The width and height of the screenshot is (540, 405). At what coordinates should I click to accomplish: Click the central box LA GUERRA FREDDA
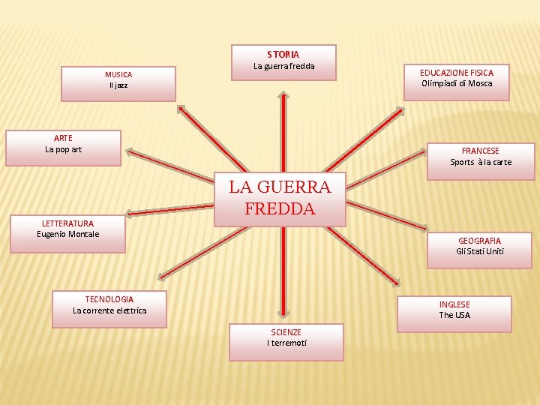[x=280, y=197]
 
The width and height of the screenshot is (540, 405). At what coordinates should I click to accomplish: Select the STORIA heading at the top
[x=283, y=55]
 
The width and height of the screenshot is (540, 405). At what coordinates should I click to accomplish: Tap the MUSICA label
[x=118, y=75]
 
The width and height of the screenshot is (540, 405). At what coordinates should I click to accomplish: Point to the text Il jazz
[x=118, y=85]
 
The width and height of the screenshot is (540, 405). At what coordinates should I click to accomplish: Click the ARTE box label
[x=64, y=138]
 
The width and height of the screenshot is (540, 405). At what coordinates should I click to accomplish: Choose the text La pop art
[x=64, y=149]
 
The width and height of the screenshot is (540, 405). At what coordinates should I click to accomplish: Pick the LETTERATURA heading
[x=68, y=223]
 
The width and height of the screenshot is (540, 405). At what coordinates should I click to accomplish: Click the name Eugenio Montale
[x=68, y=234]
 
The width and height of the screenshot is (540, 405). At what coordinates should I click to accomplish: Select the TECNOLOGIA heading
[x=109, y=299]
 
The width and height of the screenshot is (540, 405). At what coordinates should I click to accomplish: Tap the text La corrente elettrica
[x=109, y=310]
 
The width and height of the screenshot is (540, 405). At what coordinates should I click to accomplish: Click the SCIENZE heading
[x=286, y=332]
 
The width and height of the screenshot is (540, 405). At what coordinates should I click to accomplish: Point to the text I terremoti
[x=286, y=343]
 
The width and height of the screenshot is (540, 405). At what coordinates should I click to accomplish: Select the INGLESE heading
[x=454, y=304]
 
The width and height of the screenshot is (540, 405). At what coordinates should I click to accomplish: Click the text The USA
[x=454, y=315]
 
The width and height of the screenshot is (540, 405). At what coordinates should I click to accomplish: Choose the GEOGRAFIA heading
[x=480, y=241]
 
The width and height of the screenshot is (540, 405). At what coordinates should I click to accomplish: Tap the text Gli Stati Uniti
[x=480, y=251]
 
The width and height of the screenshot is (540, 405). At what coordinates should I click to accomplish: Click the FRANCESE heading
[x=481, y=151]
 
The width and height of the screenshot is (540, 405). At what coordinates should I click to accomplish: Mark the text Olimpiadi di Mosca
[x=457, y=83]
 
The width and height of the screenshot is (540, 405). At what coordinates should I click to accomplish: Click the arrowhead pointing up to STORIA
[x=283, y=95]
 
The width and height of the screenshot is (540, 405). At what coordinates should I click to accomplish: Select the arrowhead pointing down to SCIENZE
[x=283, y=313]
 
